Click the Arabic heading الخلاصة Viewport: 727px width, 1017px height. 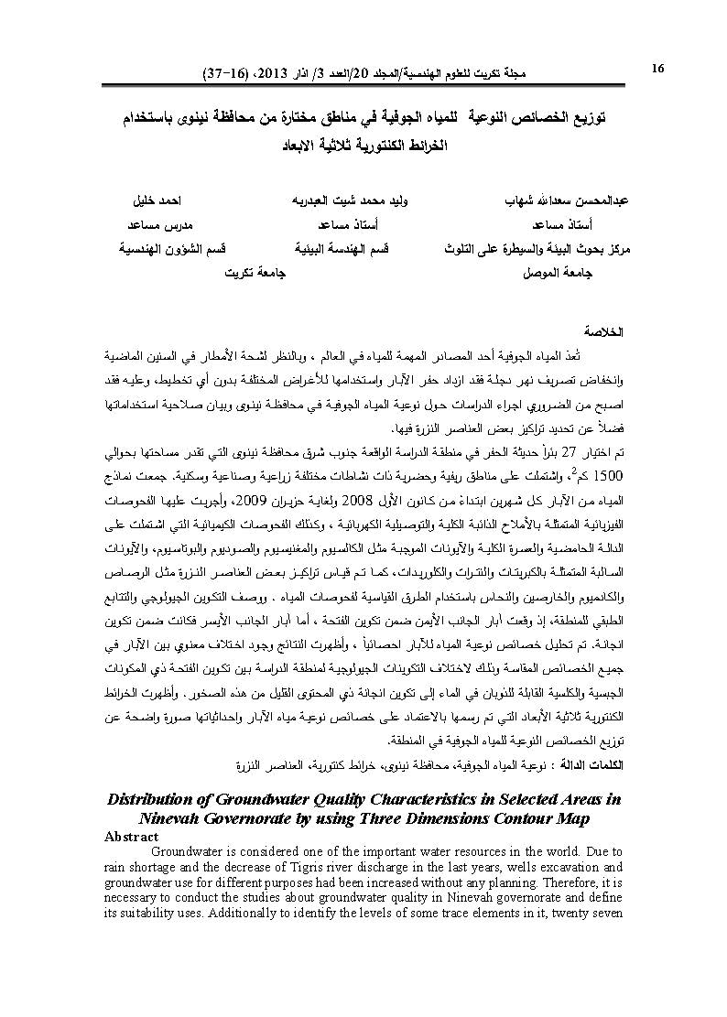(603, 330)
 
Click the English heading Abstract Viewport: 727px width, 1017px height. (132, 837)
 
